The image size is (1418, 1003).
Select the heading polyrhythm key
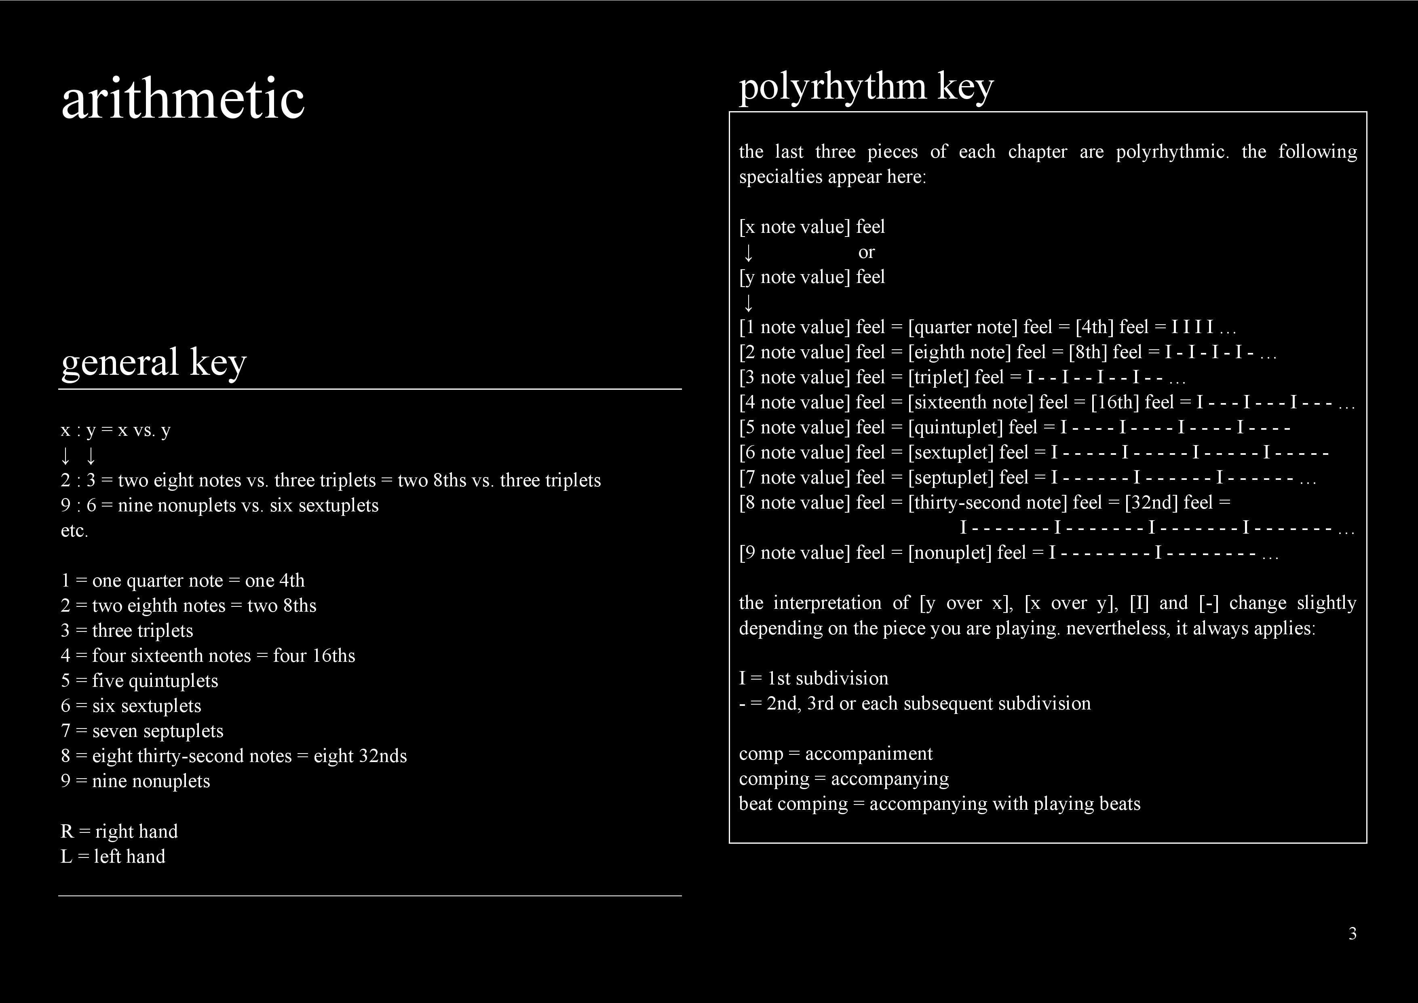(866, 87)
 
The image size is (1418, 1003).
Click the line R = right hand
(119, 831)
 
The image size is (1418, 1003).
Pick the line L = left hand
(113, 857)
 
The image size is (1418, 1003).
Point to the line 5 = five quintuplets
(139, 681)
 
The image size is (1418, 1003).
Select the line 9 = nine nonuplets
(135, 781)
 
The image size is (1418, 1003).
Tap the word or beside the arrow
(867, 252)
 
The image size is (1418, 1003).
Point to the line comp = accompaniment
(836, 754)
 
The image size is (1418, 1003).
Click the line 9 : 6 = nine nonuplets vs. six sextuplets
(219, 506)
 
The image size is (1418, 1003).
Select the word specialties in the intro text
(780, 177)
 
